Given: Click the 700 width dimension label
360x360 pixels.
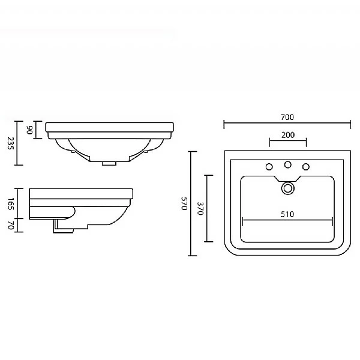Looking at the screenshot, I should click(x=287, y=117).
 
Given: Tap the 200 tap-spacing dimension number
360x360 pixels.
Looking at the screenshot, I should click(x=287, y=134).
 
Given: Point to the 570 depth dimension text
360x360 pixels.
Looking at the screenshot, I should click(x=184, y=204).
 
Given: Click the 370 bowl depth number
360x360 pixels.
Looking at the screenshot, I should click(x=201, y=208).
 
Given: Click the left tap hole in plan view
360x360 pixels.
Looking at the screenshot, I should click(x=269, y=166).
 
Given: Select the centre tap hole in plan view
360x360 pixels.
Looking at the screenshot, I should click(x=288, y=165).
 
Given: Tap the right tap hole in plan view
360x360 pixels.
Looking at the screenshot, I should click(x=306, y=166).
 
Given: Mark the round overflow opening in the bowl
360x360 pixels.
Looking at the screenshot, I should click(x=288, y=188).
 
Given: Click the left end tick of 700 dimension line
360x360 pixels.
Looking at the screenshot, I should click(x=224, y=124).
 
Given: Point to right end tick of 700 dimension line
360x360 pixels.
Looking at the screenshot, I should click(x=350, y=124).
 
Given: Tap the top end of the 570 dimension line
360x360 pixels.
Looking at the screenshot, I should click(x=191, y=151).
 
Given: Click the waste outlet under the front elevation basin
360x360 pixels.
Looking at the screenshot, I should click(x=109, y=162).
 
